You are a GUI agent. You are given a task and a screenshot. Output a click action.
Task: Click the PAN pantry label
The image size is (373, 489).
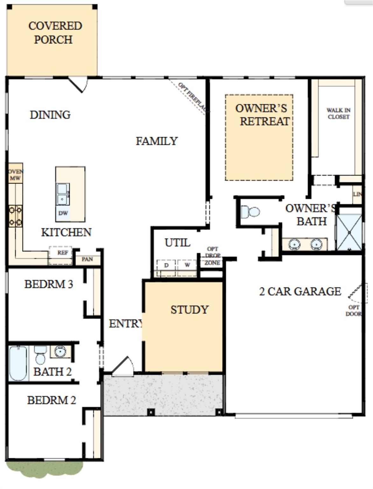click(x=87, y=259)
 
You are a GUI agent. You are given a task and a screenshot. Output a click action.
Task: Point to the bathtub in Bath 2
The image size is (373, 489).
click(x=18, y=363)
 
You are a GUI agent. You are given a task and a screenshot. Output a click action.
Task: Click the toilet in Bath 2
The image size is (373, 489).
click(x=40, y=355)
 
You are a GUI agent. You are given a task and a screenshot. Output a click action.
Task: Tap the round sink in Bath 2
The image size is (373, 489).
click(x=60, y=351)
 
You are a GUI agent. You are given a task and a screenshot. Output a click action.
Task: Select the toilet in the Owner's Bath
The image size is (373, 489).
click(x=250, y=212)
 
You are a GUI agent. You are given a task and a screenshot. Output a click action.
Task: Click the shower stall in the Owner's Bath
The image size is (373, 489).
click(x=349, y=232)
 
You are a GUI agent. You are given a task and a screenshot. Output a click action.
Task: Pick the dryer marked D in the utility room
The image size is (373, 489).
click(x=166, y=265)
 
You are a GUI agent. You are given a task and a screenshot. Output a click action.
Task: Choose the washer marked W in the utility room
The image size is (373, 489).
click(x=187, y=265)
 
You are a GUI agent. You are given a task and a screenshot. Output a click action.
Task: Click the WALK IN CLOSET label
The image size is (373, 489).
click(x=338, y=114)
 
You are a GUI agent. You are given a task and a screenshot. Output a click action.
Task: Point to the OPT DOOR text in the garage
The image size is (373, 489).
click(x=354, y=310)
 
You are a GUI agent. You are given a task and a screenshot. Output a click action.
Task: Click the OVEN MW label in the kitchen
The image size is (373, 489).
click(x=15, y=175)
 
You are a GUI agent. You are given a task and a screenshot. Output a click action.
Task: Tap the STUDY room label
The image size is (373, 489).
click(x=189, y=310)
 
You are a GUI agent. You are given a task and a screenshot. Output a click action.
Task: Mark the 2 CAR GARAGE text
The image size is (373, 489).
click(x=300, y=291)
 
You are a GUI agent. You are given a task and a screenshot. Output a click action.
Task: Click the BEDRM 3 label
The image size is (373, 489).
click(x=49, y=284)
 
